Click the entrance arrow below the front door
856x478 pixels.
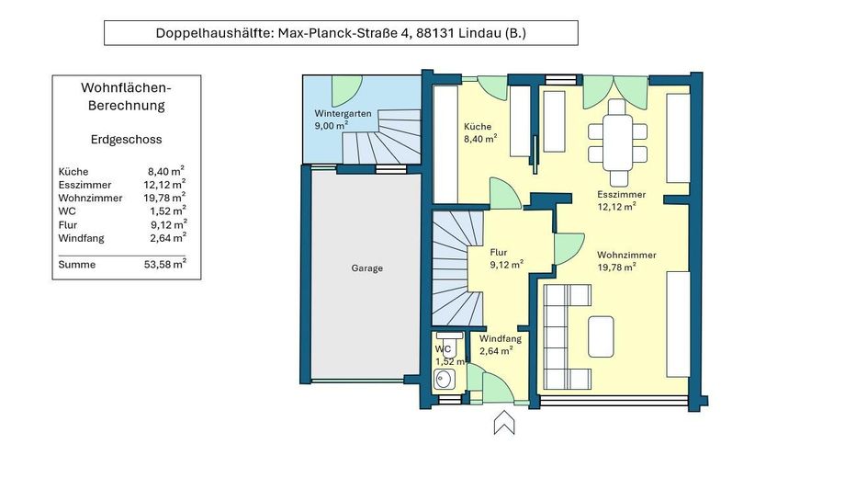coord(504,423)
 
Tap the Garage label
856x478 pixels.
coord(366,268)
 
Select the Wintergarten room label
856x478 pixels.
coord(343,114)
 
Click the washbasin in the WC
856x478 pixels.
coord(445,379)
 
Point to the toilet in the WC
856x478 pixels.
coord(450,343)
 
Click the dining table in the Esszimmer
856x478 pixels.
coord(617,142)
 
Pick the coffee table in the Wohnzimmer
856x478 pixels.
coord(601,336)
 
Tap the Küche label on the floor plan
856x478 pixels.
coord(478,127)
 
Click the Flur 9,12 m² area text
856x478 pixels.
coord(507,258)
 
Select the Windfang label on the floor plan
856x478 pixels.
coord(501,338)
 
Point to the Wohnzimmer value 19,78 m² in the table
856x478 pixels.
coord(164,198)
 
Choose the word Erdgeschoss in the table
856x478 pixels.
coord(126,140)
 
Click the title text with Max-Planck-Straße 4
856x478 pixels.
coord(341,33)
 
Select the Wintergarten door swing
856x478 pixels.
coord(346,91)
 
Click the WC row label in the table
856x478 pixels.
coord(67,211)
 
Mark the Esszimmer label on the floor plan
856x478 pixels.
coord(621,195)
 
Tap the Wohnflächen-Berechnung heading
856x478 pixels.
coord(126,97)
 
